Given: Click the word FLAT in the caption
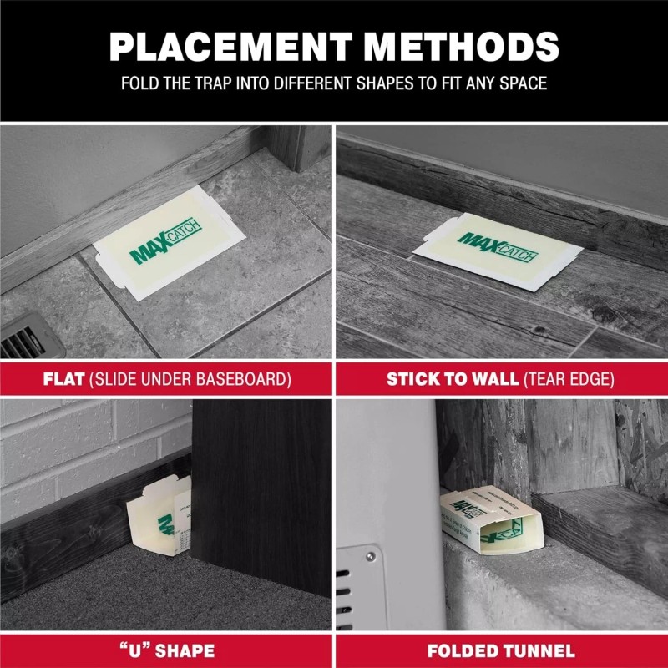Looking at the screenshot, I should point(64,379).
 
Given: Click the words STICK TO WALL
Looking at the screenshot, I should point(453,379).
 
